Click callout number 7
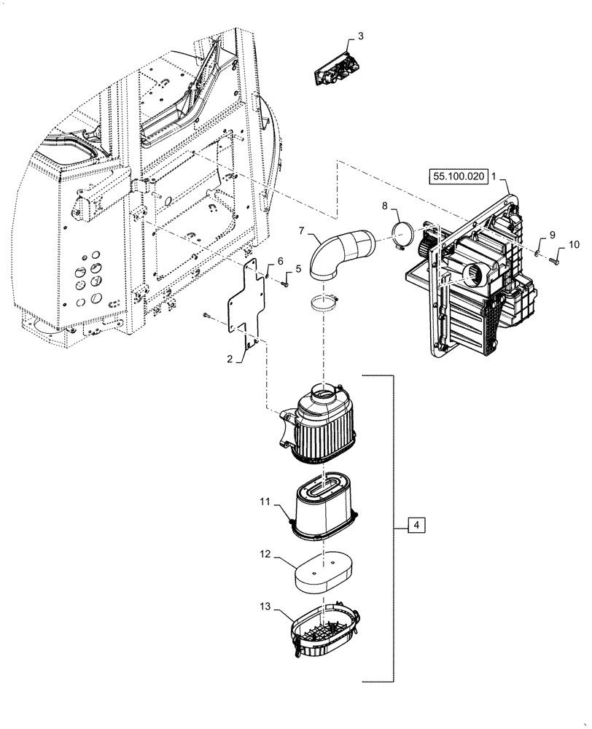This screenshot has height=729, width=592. (x=300, y=230)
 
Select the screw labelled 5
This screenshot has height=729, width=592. (x=285, y=284)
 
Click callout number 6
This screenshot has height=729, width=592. (x=279, y=262)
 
